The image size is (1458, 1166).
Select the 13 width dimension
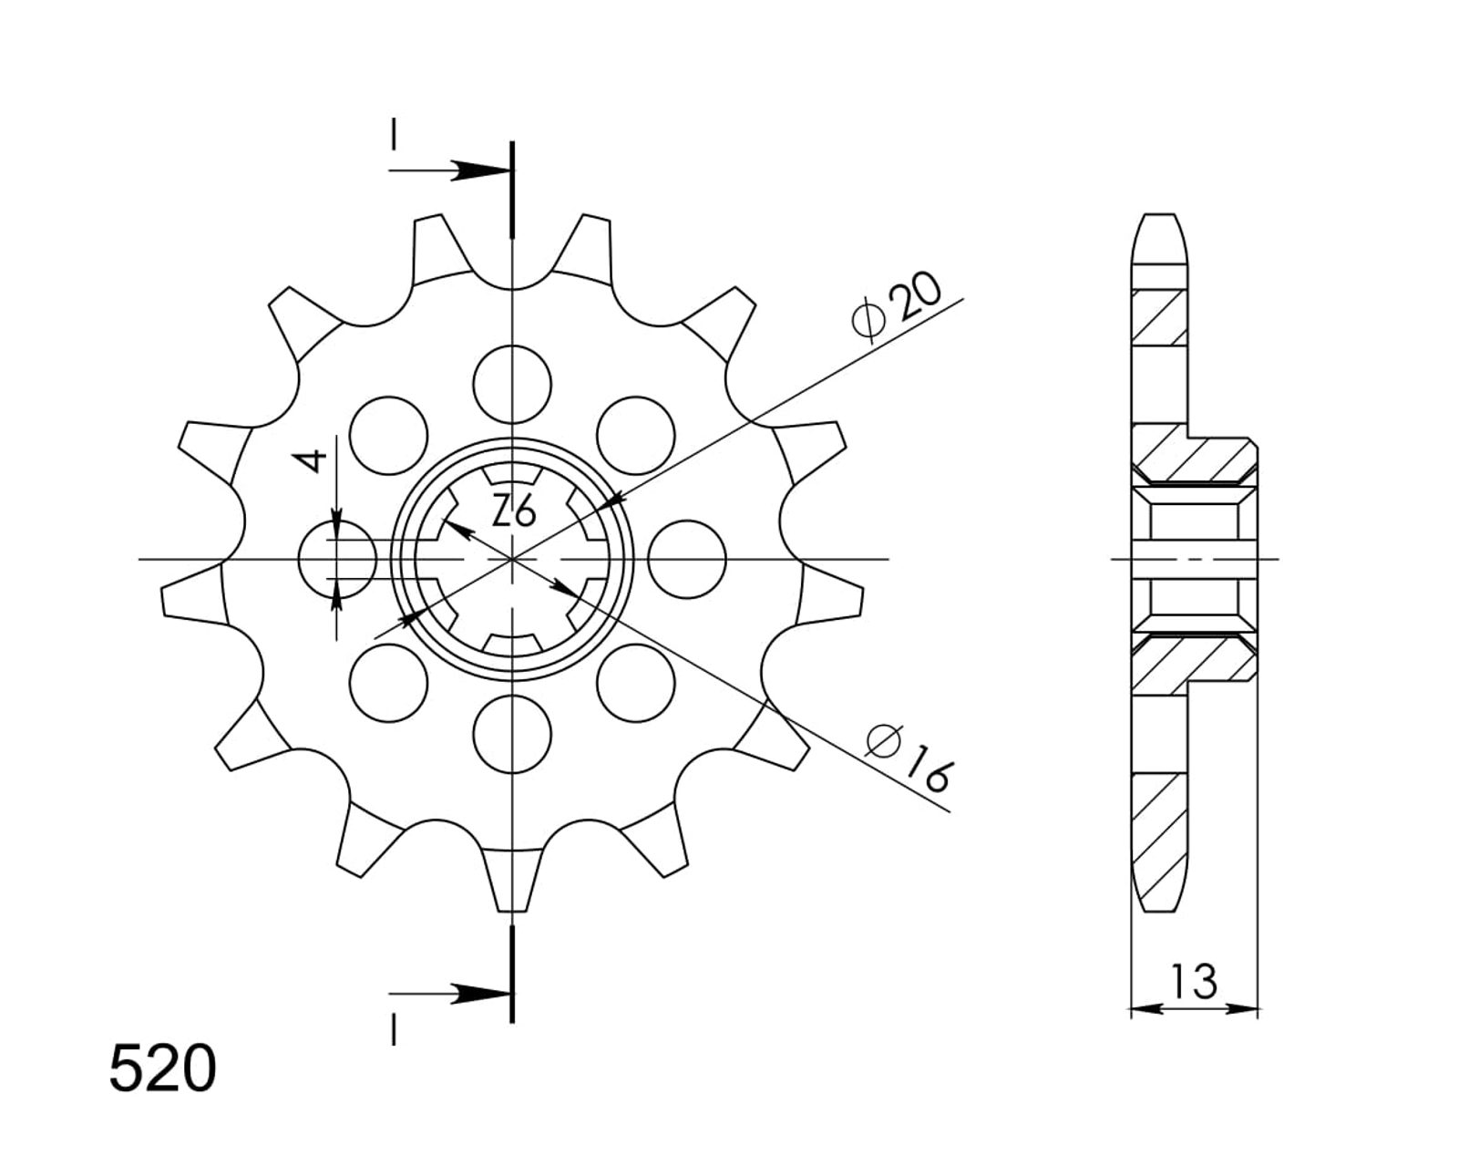coord(1193,981)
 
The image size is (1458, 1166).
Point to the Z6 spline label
coord(514,511)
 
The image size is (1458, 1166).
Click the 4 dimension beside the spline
coord(312,461)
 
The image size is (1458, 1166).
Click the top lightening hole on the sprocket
coord(512,385)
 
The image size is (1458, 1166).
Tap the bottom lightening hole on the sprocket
coord(512,734)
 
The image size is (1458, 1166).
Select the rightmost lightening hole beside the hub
coord(687,559)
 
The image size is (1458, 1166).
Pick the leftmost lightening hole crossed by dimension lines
coord(337,559)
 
